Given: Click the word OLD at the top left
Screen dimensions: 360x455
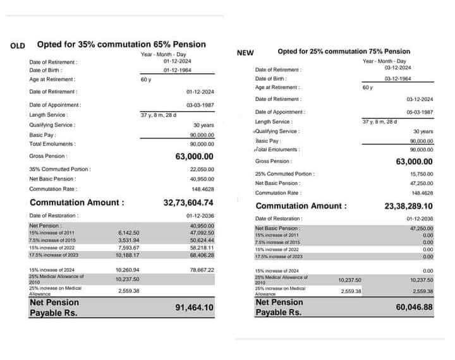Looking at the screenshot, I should click(x=17, y=45).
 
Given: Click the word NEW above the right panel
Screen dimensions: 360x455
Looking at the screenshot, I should click(x=245, y=53).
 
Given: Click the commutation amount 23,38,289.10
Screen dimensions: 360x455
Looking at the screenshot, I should click(x=408, y=206).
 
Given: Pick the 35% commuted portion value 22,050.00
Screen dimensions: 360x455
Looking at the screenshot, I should click(x=202, y=169).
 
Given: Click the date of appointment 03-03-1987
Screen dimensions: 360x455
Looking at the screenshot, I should click(x=200, y=105).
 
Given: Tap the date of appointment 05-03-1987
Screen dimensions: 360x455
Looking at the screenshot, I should click(x=420, y=112).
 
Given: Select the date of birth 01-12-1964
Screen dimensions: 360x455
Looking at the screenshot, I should click(x=178, y=71).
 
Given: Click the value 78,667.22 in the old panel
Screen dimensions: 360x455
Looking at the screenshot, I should click(x=202, y=270).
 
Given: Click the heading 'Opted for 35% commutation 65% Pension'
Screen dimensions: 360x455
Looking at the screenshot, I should click(x=121, y=44).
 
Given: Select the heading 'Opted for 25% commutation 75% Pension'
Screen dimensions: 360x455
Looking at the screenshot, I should click(x=344, y=51).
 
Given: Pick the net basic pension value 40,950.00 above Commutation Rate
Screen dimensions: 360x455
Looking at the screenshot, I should click(x=202, y=179).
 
